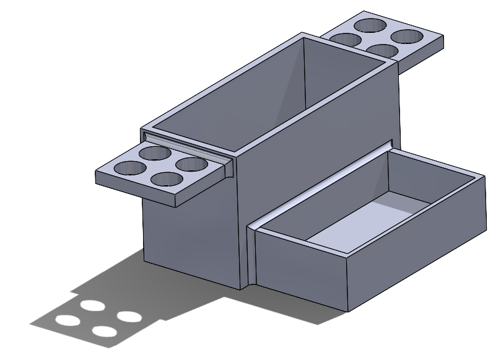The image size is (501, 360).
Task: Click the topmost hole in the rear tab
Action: coord(370,25)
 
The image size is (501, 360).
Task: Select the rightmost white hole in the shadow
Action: coord(129,317)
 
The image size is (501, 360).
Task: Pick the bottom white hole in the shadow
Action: coord(105,331)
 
